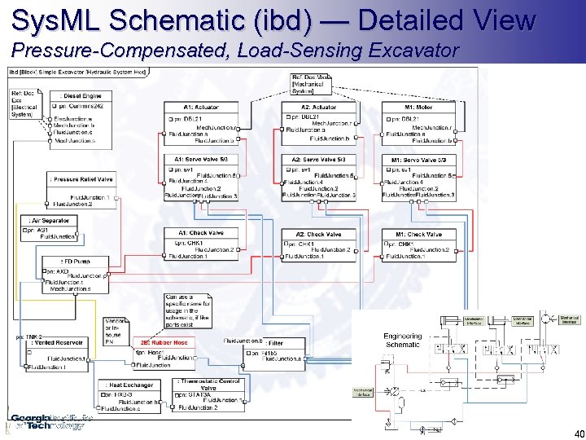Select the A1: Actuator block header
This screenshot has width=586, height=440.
pos(202,107)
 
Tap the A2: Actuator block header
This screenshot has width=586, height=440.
pos(318,107)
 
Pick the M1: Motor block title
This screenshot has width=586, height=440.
pos(418,107)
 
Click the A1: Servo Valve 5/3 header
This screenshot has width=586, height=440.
pos(201,159)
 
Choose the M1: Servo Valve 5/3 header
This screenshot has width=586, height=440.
pos(418,159)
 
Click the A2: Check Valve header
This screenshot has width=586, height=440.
pos(317,234)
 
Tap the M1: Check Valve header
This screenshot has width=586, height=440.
pos(418,234)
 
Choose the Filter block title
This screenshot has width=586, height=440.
pos(274,343)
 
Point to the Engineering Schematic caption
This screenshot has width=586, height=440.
pos(403,340)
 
